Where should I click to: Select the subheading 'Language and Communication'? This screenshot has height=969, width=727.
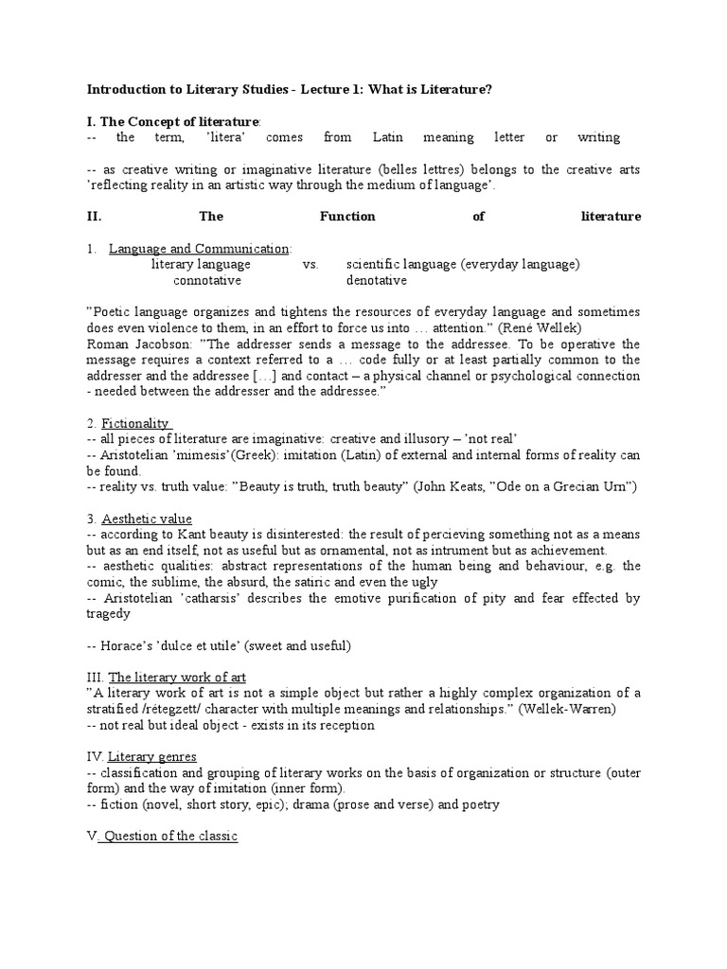tap(199, 249)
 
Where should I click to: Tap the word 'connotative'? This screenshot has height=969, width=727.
tap(207, 280)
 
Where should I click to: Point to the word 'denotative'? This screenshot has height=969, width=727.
tap(377, 280)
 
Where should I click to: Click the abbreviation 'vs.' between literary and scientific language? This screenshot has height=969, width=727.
tap(310, 264)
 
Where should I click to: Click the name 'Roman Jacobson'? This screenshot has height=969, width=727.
tap(131, 344)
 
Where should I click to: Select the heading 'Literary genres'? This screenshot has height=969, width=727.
tap(152, 756)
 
